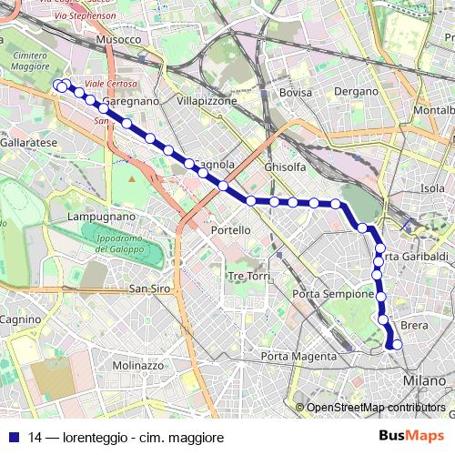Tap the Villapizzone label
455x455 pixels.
click(207, 101)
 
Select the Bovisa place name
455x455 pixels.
click(296, 93)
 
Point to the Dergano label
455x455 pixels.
click(355, 92)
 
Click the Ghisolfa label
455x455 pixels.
click(284, 167)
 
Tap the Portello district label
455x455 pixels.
click(230, 230)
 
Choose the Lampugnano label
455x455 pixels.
click(102, 217)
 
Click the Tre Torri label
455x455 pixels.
click(249, 276)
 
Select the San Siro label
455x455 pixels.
click(149, 288)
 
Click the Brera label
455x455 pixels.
click(414, 325)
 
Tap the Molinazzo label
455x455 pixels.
click(137, 365)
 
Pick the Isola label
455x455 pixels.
click(432, 188)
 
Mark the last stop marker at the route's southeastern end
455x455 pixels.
click(396, 345)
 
